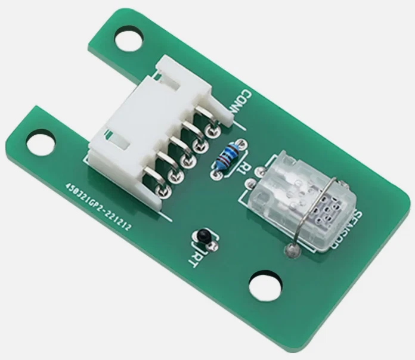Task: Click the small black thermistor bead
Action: pos(205,235)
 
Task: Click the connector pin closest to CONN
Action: pos(210,131)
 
